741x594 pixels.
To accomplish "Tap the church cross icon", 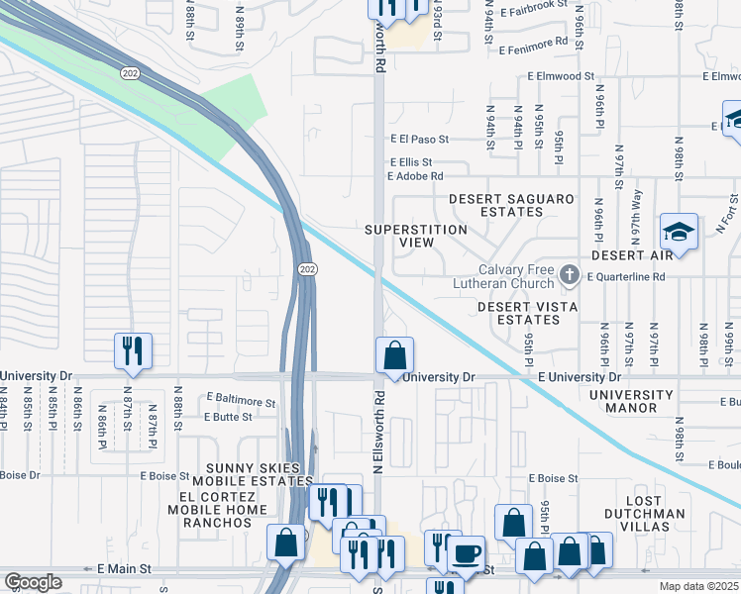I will (570, 272).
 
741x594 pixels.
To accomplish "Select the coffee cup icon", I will (467, 553).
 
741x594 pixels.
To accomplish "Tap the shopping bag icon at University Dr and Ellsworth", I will (394, 354).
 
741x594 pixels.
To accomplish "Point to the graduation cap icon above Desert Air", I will (679, 232).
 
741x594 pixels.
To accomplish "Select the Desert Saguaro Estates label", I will (511, 207).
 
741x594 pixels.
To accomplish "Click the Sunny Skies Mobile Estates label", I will (258, 474).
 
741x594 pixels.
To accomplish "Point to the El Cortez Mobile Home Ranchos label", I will (223, 510).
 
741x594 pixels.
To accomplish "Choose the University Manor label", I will (630, 402).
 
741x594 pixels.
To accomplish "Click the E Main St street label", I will (124, 569).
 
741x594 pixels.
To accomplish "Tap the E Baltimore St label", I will (241, 401).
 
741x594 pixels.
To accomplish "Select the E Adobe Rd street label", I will (415, 176).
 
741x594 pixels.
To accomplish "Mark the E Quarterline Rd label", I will (630, 276).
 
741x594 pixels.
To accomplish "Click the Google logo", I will (33, 583).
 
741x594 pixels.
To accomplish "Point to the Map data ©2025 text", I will (699, 586).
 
